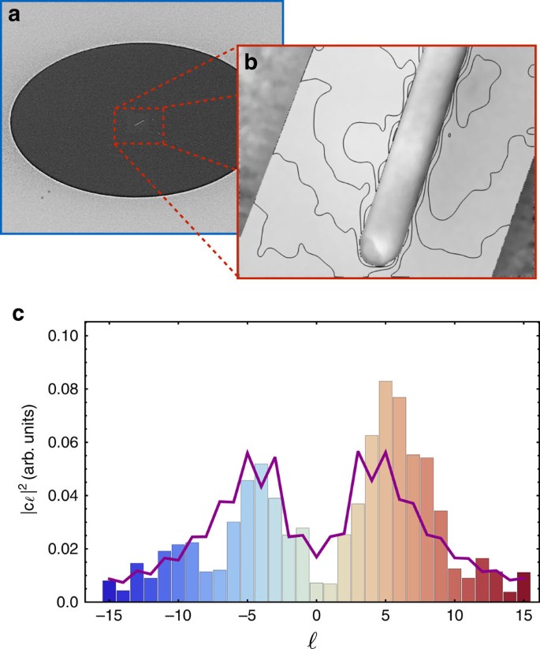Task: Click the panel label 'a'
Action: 14,16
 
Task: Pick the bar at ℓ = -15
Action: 109,591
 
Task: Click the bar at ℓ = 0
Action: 316,592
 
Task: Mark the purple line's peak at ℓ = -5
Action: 248,452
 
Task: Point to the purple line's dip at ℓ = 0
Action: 316,557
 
